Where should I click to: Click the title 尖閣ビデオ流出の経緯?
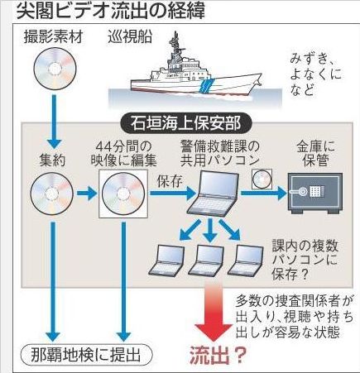(111, 12)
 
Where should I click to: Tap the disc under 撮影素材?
(55, 69)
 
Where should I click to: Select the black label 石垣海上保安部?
(186, 123)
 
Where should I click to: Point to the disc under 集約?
(52, 193)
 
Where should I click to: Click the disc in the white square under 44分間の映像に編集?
(123, 194)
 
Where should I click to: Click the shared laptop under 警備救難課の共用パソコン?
(214, 194)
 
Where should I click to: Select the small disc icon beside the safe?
(262, 179)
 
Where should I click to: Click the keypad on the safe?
(316, 191)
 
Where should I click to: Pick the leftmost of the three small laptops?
(167, 261)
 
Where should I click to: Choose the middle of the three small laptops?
(206, 261)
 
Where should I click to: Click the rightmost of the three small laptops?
(246, 261)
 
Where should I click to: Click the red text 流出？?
(218, 356)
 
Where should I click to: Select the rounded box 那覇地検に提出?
(87, 355)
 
